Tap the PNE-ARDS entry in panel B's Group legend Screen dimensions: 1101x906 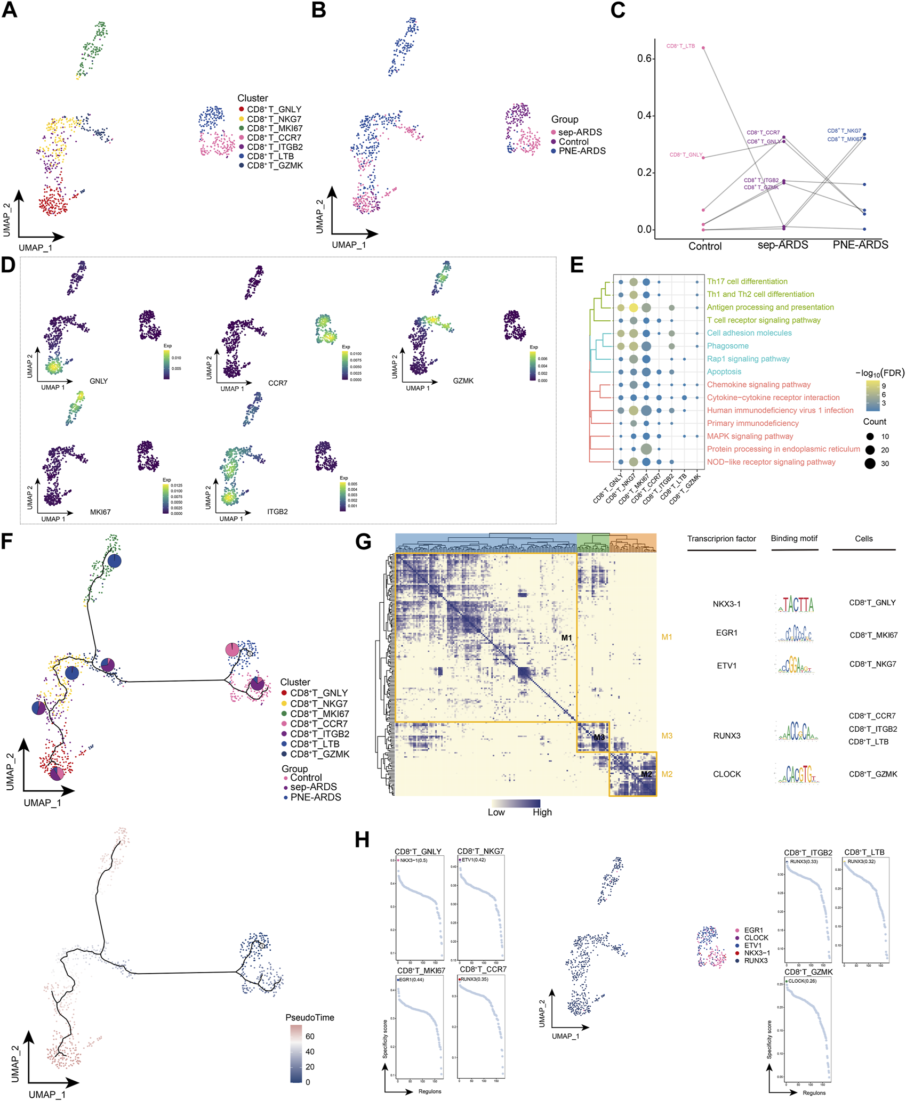(582, 151)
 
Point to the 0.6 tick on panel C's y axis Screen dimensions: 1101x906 (645, 59)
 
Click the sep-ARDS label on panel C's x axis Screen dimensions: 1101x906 (782, 245)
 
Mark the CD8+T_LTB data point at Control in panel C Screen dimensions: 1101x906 (703, 48)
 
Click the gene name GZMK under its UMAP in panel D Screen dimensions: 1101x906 (463, 381)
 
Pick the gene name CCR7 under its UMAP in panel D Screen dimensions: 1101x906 (277, 383)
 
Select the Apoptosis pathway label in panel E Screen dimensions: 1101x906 (724, 372)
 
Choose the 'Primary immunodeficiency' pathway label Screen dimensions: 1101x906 (752, 424)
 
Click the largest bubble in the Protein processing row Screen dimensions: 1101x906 (646, 449)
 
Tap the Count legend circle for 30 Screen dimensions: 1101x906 (870, 464)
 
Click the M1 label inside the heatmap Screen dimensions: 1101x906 (566, 638)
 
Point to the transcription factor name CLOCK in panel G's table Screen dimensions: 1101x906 (726, 774)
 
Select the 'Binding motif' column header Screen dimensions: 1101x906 (793, 539)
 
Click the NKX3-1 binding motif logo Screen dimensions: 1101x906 (795, 604)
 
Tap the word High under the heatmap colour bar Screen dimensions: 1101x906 (542, 813)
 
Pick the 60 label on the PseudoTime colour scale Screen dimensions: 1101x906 (310, 1037)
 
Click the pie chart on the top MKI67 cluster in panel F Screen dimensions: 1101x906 (115, 561)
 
